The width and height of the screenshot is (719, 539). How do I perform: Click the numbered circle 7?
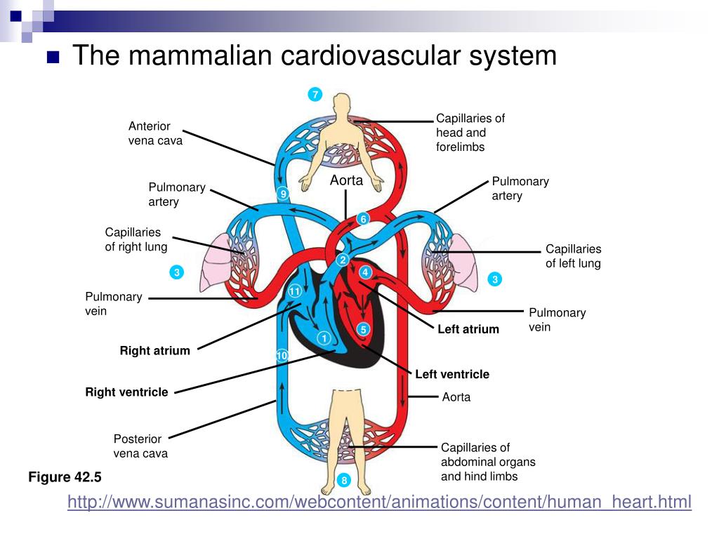click(315, 95)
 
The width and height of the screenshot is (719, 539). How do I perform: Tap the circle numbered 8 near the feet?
click(343, 481)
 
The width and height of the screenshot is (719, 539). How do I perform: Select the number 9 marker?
click(283, 194)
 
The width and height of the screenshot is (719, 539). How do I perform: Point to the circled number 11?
click(295, 291)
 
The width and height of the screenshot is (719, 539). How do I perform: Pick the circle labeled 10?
click(282, 357)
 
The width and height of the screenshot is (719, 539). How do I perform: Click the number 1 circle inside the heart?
click(324, 338)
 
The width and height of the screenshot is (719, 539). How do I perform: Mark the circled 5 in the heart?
click(363, 329)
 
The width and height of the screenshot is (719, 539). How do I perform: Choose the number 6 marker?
click(363, 219)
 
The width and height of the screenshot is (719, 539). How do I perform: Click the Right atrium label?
click(154, 351)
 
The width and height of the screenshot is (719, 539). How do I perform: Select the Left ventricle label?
click(451, 374)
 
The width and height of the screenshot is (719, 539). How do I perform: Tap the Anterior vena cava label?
click(155, 133)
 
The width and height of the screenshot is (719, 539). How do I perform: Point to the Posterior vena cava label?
click(140, 446)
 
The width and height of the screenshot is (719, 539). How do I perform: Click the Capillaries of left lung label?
click(573, 256)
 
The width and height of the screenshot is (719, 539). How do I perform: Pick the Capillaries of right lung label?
click(136, 239)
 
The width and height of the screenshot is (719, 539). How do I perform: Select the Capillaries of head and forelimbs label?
click(470, 133)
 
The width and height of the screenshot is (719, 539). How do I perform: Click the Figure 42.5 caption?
click(65, 477)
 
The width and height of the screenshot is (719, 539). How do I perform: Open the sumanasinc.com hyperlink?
click(379, 502)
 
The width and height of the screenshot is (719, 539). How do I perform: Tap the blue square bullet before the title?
click(53, 57)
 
